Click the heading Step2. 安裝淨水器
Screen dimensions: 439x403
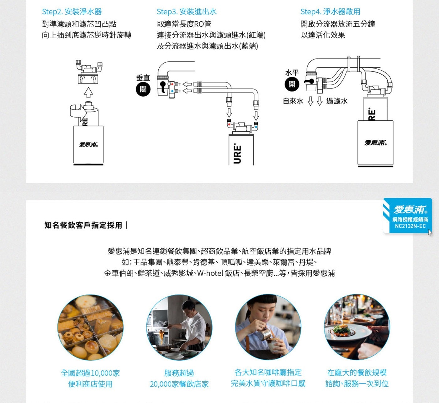click(72, 12)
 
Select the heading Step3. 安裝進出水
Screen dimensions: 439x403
click(187, 12)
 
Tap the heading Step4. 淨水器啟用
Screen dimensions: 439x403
click(330, 12)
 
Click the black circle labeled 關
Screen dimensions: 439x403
click(143, 89)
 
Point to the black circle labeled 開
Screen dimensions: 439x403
click(292, 84)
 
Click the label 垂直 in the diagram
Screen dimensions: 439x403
click(143, 77)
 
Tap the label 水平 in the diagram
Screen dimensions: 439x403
click(292, 72)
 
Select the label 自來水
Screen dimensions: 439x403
click(293, 101)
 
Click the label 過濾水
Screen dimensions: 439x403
click(337, 101)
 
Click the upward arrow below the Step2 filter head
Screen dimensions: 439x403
click(88, 93)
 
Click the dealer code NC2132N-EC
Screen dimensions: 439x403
click(410, 226)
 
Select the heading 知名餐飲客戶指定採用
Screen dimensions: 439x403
click(83, 225)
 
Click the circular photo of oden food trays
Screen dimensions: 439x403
click(90, 327)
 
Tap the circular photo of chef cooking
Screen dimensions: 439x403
click(179, 327)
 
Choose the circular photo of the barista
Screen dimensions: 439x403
click(268, 327)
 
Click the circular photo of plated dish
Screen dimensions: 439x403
click(357, 327)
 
